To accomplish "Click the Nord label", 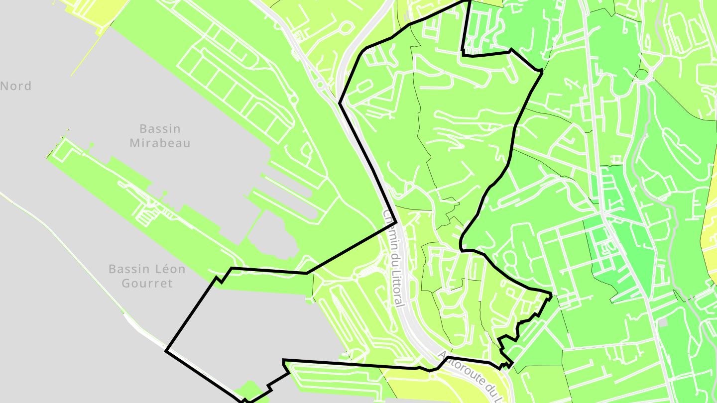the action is pos(16,86).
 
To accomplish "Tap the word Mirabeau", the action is pos(160,143).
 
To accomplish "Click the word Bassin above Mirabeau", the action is pos(160,129).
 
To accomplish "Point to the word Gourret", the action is pos(147,284).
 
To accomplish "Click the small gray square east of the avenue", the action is pos(662,322).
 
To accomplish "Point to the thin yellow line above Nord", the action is pos(86,55).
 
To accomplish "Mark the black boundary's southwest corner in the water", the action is pos(166,351).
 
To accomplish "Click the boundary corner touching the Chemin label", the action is pos(395,221).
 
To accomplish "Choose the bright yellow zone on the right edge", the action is pos(710,234).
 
